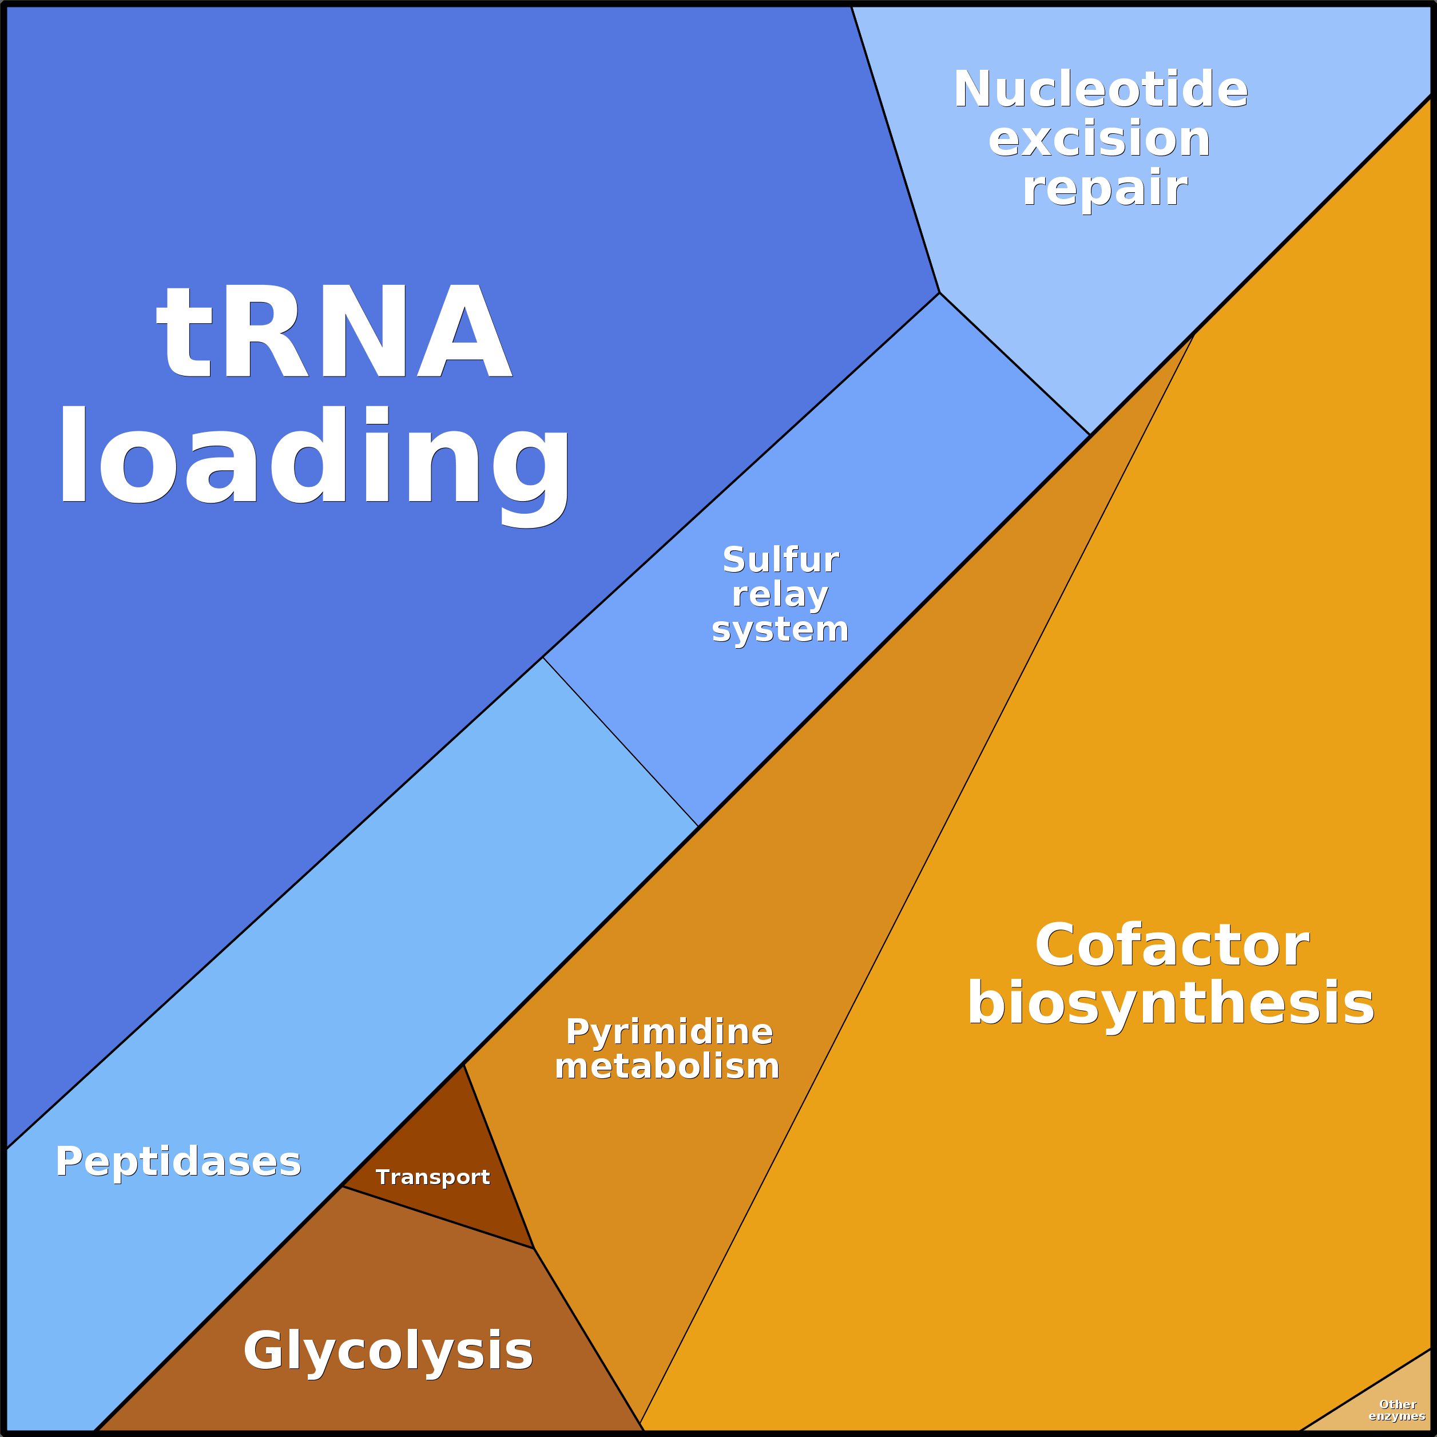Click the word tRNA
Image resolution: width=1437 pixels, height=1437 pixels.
pos(334,332)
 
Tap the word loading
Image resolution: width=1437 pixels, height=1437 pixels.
pos(314,456)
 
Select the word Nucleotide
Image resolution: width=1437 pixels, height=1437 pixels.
pos(1100,90)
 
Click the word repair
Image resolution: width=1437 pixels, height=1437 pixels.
pos(1105,188)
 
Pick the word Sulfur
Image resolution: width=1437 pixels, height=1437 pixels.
pos(780,560)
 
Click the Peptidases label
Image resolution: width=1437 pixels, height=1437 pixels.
pos(178,1161)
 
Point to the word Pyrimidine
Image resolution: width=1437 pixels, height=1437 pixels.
pos(669,1033)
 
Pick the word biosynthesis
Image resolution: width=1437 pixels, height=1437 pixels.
pos(1171,1003)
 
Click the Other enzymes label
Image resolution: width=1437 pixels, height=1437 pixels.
pos(1397,1410)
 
